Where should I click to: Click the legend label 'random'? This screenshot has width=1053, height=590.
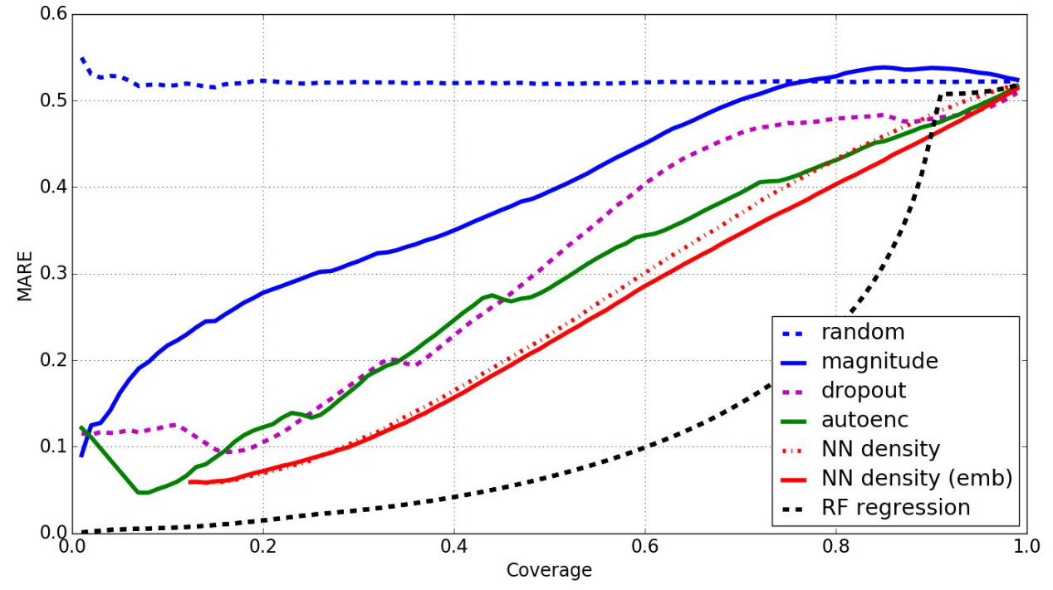863,333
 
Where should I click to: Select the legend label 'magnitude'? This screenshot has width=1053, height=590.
879,362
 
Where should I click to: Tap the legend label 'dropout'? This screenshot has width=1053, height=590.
864,391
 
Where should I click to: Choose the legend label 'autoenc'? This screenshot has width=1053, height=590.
864,420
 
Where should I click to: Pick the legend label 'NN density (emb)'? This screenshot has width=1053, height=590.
916,478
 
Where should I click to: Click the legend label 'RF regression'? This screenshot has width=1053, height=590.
895,507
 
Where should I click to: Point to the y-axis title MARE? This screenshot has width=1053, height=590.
25,275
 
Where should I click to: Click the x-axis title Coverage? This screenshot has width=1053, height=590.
549,571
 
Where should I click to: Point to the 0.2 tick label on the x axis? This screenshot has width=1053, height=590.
263,549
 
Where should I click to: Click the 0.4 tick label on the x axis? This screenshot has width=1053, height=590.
454,549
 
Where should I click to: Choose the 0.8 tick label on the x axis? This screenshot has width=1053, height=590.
836,549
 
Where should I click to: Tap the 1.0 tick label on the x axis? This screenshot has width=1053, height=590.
1026,549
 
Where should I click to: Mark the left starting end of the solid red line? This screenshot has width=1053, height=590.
190,481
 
